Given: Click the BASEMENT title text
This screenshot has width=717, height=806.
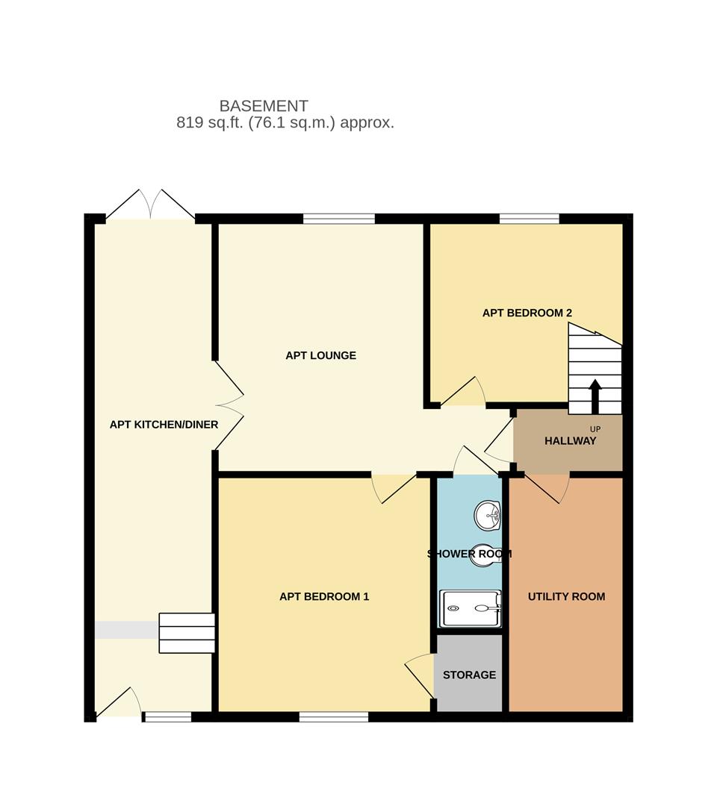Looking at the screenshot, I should pos(263,106).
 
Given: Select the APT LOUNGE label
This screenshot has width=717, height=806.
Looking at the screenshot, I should pos(320,355).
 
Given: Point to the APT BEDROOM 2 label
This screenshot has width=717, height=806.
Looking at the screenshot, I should pos(527,313).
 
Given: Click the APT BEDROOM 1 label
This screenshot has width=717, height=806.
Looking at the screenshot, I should pos(324,596).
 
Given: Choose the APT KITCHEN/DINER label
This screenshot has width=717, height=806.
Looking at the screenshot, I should pos(164,425).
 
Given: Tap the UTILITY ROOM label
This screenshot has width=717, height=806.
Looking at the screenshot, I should pos(566,596).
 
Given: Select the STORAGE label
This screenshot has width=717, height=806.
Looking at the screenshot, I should pos(469,675).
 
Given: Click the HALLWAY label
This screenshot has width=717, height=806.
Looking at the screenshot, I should pos(570,440).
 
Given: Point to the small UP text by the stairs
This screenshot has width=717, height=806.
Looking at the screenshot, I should pos(595,428).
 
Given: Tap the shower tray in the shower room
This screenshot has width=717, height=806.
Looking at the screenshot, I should pos(470,609).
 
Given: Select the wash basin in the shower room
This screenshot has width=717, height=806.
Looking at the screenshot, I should pos(488,513).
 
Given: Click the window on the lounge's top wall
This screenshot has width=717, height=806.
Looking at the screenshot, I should pos(338,219).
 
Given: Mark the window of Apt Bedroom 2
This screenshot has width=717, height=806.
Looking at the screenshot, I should pos(529,219).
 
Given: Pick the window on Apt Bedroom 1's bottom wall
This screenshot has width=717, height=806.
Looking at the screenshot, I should pos(333,717).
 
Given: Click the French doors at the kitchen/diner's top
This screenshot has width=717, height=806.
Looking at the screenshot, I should pos(150,206).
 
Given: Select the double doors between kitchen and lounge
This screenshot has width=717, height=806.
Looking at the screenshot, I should pos(229,406).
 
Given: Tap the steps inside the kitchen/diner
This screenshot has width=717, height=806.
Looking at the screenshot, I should pos(187,633).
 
